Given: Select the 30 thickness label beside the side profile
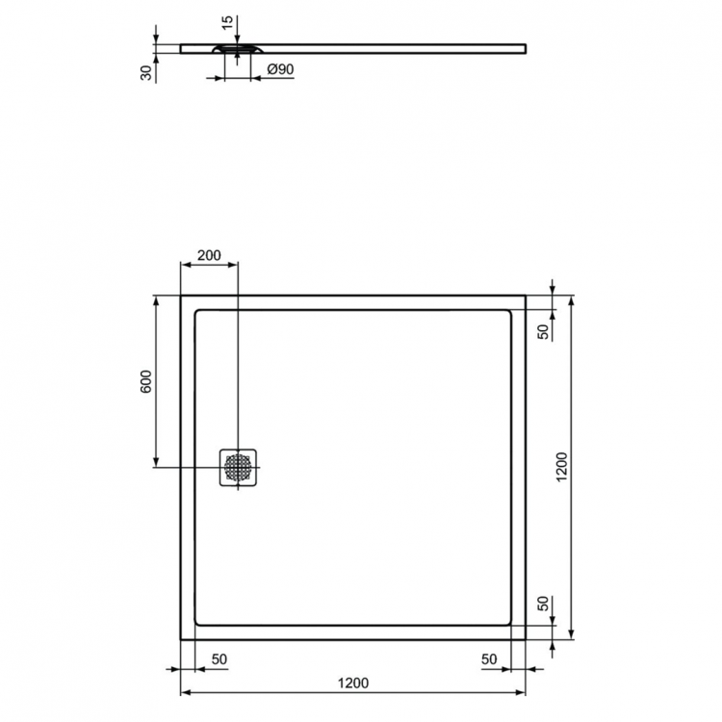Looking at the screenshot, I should [145, 73].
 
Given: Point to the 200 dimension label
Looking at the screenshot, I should [209, 256].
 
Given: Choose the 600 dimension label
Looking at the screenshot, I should [145, 381].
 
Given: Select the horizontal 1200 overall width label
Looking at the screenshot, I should [353, 683].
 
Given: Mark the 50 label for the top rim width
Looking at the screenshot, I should [543, 331].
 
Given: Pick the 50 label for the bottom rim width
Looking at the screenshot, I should [543, 605].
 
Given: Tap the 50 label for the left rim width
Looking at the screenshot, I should [219, 658].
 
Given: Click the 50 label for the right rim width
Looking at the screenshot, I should [489, 658].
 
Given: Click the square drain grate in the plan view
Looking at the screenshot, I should [238, 468].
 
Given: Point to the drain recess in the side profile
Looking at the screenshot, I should [236, 47].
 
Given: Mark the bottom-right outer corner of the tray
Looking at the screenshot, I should [525, 639].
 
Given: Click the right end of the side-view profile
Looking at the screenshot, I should [525, 47].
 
